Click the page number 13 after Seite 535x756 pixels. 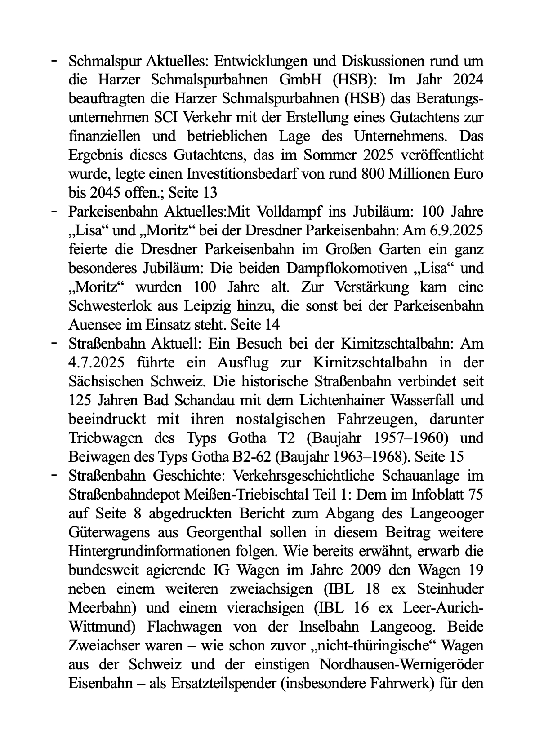click(209, 193)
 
